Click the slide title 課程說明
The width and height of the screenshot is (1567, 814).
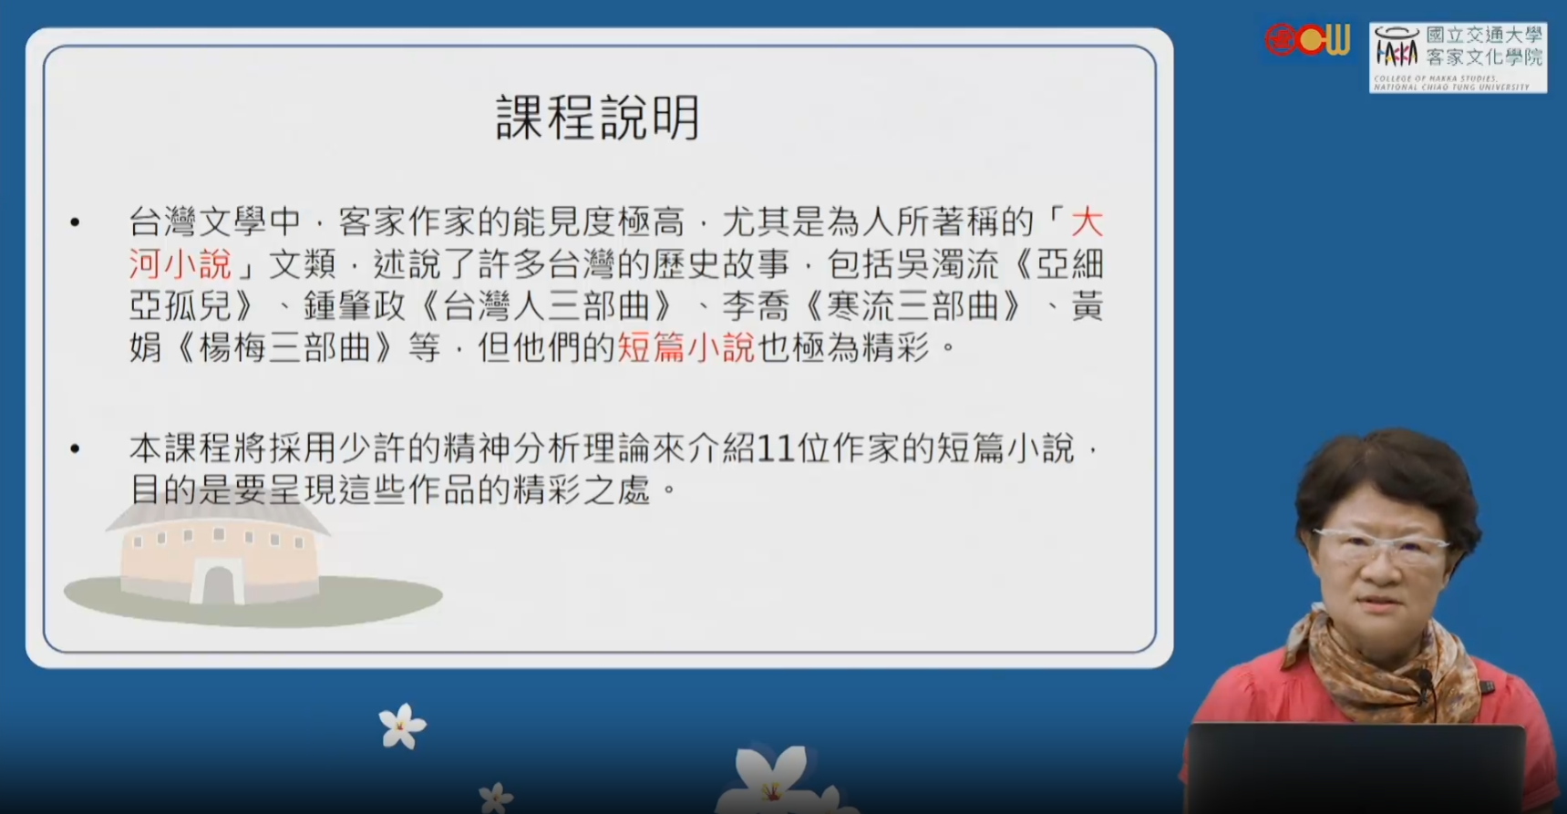[598, 118]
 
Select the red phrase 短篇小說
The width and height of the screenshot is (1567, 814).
[686, 347]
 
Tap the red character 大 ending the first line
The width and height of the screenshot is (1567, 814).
[1087, 222]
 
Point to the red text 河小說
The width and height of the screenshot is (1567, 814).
[180, 263]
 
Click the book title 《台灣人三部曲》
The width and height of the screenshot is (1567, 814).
[546, 305]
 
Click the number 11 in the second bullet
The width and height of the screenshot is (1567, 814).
[775, 448]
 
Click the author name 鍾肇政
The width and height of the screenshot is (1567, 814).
[355, 305]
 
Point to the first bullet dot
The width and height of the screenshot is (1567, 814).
[75, 222]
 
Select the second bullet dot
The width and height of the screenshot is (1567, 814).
[75, 448]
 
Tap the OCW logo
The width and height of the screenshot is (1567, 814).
[1306, 40]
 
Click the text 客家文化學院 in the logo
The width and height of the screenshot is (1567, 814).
[1485, 57]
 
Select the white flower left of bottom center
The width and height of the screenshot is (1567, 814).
[401, 726]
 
